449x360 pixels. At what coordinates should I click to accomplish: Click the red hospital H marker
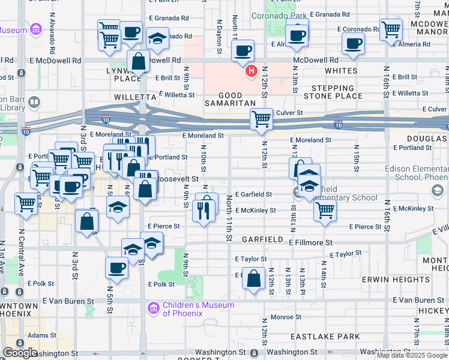[x=250, y=71]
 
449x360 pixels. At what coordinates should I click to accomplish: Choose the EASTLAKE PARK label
[x=325, y=337]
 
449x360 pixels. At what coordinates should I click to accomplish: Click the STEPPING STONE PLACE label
[x=333, y=92]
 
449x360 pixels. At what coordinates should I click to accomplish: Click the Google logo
[x=20, y=353]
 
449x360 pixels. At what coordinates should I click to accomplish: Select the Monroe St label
[x=285, y=317]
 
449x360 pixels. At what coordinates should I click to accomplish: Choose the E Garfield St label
[x=253, y=194]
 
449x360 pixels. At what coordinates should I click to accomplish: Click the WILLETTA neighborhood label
[x=134, y=96]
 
